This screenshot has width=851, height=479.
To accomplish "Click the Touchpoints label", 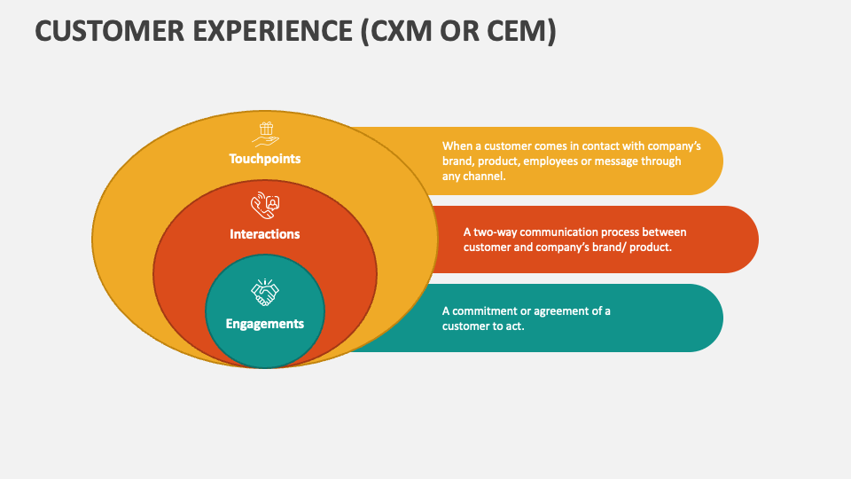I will [x=265, y=159].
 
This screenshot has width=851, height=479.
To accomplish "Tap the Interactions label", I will [x=265, y=234].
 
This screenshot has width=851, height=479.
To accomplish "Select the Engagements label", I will [x=265, y=324].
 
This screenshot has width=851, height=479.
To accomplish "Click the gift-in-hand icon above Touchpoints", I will [x=265, y=133].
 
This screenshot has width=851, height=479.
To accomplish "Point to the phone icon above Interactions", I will [x=265, y=207].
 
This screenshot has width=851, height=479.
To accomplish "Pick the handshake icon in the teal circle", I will [x=265, y=292].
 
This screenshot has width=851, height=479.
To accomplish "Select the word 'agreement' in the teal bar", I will [x=565, y=310].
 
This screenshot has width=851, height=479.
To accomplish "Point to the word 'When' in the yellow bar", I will [x=457, y=145].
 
